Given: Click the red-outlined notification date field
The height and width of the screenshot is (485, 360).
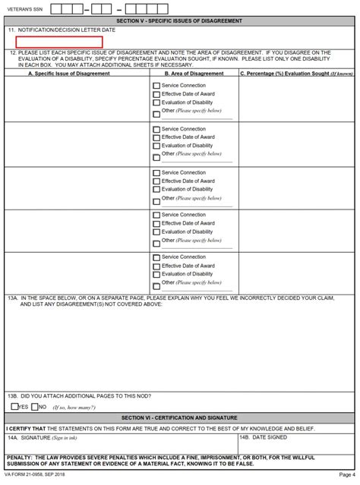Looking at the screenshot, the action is click(59, 42).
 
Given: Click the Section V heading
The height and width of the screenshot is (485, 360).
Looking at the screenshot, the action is click(179, 20).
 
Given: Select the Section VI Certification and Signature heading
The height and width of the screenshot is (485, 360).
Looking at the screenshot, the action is click(179, 417).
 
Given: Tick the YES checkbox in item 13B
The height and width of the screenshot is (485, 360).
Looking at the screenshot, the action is click(14, 407).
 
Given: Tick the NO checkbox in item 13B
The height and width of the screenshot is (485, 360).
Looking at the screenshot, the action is click(34, 407).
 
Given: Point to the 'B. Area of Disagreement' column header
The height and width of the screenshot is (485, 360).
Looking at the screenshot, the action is click(194, 74).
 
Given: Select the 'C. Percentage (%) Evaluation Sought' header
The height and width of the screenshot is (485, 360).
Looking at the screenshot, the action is click(296, 74).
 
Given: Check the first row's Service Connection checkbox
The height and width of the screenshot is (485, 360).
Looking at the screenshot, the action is click(156, 86).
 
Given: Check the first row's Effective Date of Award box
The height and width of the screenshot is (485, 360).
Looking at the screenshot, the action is click(156, 95).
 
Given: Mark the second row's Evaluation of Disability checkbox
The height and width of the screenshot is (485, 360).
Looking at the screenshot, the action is click(156, 146).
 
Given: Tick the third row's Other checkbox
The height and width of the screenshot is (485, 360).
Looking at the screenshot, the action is click(156, 200).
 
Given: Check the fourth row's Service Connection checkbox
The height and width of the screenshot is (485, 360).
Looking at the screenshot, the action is click(156, 215).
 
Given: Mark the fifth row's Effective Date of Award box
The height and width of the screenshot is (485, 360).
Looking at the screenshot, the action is click(156, 266).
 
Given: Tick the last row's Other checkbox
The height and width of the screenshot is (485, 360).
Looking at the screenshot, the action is click(156, 285).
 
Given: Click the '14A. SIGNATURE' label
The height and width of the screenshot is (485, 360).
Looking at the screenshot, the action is click(42, 438).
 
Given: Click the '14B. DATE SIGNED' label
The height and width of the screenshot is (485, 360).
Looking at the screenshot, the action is click(264, 438).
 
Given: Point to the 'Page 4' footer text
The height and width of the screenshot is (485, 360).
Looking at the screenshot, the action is click(346, 475).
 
